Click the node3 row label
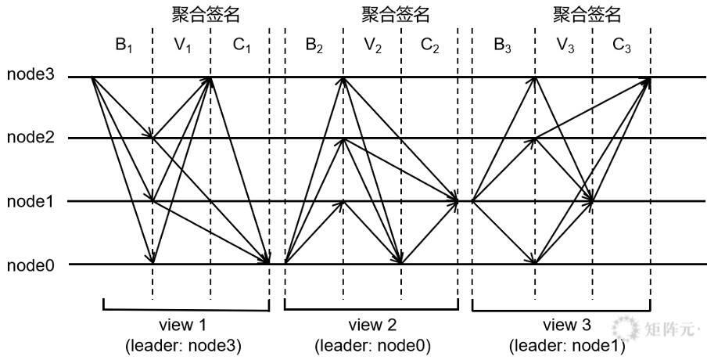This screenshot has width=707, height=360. [x=31, y=75]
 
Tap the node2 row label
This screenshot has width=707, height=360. [x=31, y=137]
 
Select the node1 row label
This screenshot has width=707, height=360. [x=31, y=201]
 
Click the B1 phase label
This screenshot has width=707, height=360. [x=123, y=45]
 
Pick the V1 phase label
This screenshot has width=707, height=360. [x=182, y=45]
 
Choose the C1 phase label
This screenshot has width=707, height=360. [x=241, y=45]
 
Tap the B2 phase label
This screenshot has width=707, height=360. [x=314, y=45]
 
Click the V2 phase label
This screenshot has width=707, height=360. [x=372, y=45]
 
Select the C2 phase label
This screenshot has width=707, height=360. [x=429, y=45]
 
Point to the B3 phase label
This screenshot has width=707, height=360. [x=502, y=45]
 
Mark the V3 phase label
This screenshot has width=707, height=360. [x=565, y=45]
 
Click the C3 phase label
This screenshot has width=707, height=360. [x=621, y=45]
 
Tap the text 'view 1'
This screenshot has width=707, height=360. [x=183, y=324]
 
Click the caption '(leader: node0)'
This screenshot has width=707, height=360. [x=372, y=346]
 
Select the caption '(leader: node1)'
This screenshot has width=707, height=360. [x=567, y=347]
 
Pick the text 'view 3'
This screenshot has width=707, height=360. [x=567, y=325]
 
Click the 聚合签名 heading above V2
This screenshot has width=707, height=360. [x=396, y=14]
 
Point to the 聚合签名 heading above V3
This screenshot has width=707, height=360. [x=587, y=14]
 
